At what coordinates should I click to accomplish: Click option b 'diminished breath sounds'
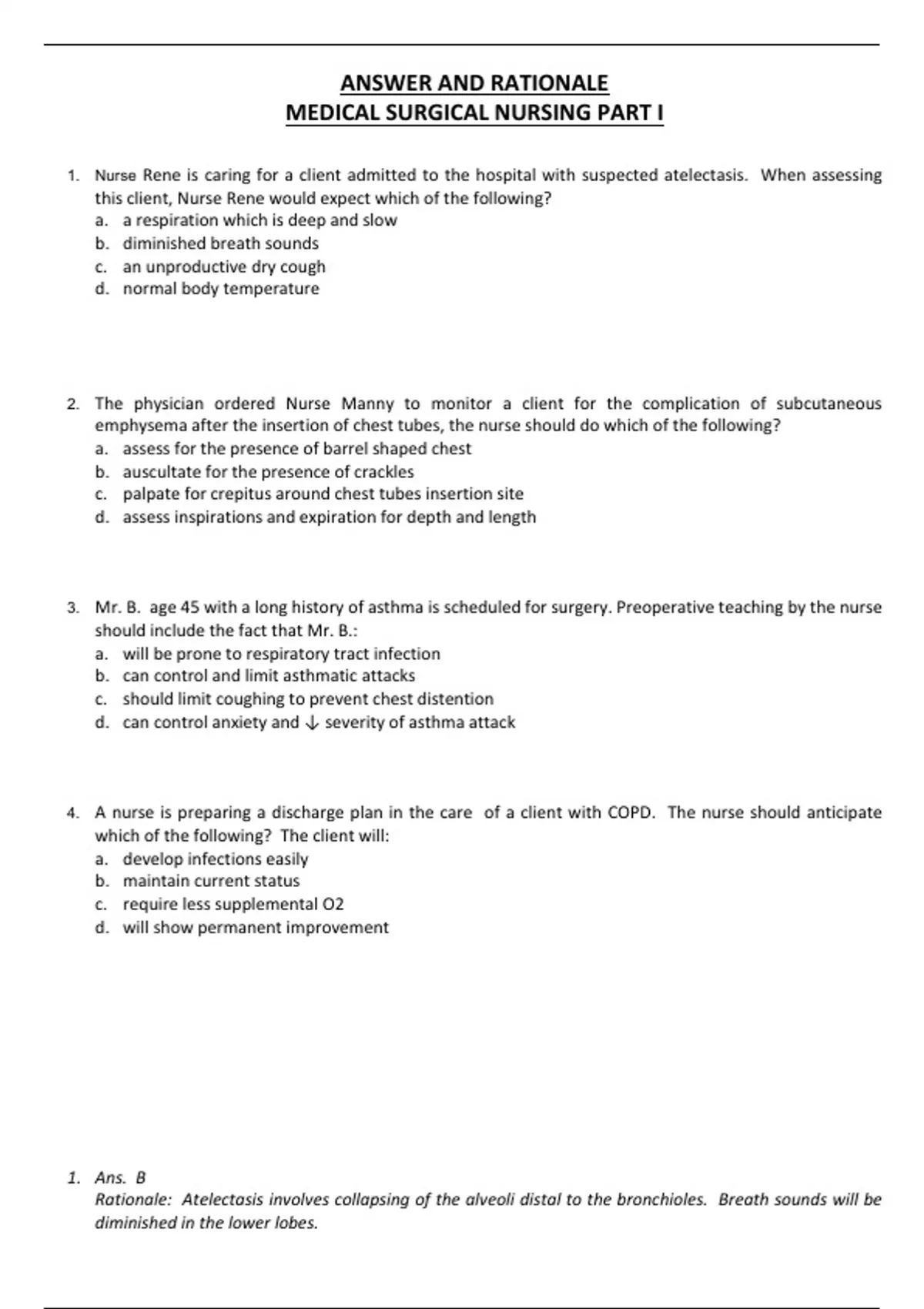[x=220, y=243]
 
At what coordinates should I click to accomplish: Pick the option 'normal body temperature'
[x=221, y=289]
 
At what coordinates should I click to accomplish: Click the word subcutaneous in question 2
[x=829, y=403]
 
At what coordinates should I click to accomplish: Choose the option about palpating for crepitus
[x=323, y=494]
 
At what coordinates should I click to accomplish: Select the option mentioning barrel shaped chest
[x=296, y=448]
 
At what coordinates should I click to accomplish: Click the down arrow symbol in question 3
[x=312, y=722]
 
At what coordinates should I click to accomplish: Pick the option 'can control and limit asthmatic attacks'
[x=269, y=676]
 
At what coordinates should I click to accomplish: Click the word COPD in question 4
[x=631, y=812]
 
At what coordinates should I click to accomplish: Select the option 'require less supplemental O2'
[x=233, y=904]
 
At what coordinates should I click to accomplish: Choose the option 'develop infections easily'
[x=216, y=859]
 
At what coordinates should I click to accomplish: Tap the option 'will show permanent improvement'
[x=256, y=927]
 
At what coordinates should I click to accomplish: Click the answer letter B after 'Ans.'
[x=140, y=1177]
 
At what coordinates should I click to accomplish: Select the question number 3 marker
[x=72, y=608]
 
